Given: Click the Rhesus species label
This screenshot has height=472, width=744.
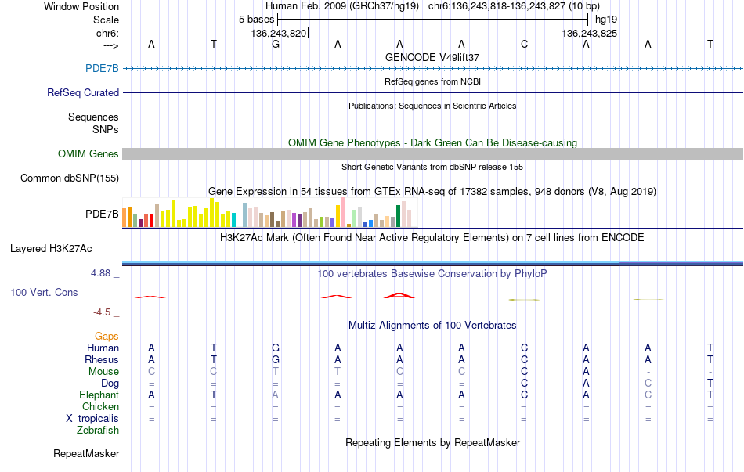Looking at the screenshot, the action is click(102, 359).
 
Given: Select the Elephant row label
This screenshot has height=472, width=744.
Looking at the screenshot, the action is click(99, 395).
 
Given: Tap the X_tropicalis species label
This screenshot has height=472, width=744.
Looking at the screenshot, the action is click(92, 419).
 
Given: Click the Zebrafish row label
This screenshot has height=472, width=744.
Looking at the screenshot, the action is click(98, 431).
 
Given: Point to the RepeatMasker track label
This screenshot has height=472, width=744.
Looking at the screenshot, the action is click(86, 453).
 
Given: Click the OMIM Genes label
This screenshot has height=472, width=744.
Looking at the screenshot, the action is click(88, 153).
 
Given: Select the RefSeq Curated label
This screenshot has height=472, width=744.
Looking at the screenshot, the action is click(83, 92).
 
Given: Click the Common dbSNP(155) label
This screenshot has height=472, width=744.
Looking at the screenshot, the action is click(70, 178).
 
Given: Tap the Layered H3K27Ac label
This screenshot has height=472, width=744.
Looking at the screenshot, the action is click(51, 249).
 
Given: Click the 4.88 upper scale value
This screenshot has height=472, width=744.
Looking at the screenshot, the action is click(100, 273).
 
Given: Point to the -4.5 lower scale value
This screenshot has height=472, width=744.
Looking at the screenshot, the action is click(102, 312).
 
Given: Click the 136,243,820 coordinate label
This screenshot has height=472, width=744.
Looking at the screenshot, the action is click(279, 33).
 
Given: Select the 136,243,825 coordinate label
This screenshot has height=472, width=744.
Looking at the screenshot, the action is click(589, 33).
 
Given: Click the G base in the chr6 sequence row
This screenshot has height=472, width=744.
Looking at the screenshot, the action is click(276, 44).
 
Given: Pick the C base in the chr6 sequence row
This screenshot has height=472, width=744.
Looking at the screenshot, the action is click(524, 44).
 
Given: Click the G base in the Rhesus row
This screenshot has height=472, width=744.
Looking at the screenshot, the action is click(276, 359).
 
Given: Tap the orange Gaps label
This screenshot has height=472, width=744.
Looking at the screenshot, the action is click(107, 337).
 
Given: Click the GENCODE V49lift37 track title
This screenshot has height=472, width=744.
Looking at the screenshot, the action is click(432, 57).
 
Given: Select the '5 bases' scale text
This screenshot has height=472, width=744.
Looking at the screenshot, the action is click(256, 20).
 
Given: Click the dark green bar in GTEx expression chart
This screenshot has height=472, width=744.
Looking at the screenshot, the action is click(399, 216).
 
